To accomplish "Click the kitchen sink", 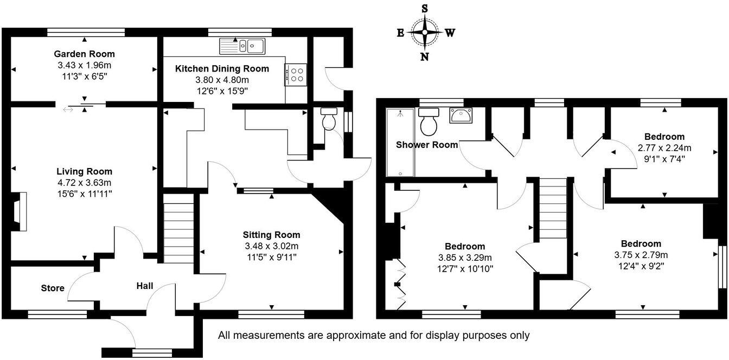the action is tap(242, 46).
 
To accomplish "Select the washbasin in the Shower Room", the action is tap(461, 115).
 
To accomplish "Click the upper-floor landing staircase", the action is tap(553, 209).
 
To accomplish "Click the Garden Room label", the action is tap(84, 54).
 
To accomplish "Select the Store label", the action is tap(53, 288).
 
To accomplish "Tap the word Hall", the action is tap(145, 286).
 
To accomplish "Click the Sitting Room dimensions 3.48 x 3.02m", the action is tap(271, 246).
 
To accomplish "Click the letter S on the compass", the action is tap(425, 9).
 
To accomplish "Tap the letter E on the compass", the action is tap(400, 33).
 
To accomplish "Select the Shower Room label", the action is tap(427, 145).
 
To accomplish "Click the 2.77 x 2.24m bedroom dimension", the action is tap(664, 147).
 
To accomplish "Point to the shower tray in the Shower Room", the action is tap(400, 142).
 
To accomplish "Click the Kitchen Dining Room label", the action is tap(222, 69).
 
